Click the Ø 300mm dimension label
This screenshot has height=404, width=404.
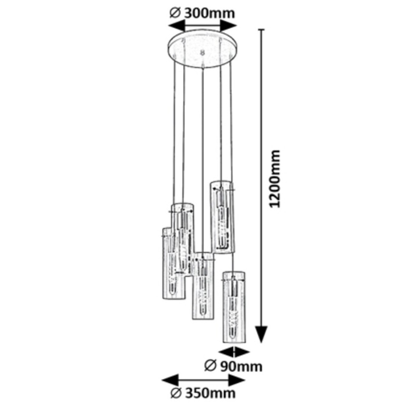[202, 13]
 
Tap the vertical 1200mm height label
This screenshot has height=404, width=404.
[274, 179]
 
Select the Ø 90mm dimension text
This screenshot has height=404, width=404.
[233, 366]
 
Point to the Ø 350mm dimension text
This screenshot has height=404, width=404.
[203, 393]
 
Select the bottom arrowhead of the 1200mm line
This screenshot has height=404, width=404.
[261, 336]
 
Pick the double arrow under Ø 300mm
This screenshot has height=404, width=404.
[202, 26]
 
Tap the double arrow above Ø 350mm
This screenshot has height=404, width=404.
[203, 380]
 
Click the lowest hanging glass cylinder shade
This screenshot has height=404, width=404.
[234, 306]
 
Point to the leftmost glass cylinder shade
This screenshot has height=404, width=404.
[170, 264]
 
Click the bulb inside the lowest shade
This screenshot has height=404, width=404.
[234, 311]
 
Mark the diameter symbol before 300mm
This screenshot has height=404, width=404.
[174, 13]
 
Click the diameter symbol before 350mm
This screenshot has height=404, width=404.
[176, 393]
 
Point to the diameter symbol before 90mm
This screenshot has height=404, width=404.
[210, 366]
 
